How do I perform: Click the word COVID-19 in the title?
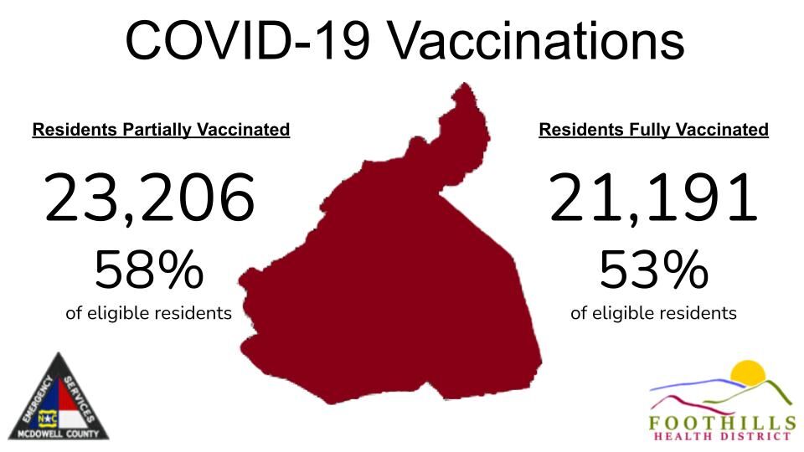tap(244, 39)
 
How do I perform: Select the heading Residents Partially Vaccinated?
tap(161, 130)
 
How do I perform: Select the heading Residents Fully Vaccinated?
tap(653, 130)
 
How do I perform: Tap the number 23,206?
tap(149, 198)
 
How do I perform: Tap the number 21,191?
tap(653, 198)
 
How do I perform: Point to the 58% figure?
tap(148, 270)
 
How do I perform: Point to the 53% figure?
tap(653, 270)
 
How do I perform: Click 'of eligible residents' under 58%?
tap(148, 313)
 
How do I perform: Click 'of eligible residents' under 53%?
tap(653, 313)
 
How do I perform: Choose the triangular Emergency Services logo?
tap(58, 402)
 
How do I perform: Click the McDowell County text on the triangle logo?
tap(58, 434)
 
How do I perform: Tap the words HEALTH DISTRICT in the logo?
tap(720, 435)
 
